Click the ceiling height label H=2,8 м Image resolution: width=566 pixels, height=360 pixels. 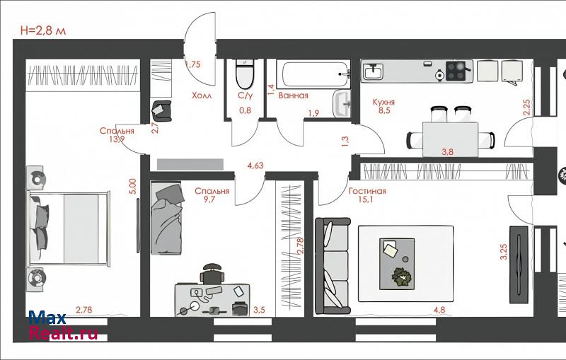tap(43, 30)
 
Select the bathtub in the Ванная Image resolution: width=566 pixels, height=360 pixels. tap(313, 75)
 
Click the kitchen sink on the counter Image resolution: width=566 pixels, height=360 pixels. tap(373, 71)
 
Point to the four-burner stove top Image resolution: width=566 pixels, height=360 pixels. tap(456, 71)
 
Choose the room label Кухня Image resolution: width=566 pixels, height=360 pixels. tap(383, 102)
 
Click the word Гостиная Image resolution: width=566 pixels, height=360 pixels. tap(367, 191)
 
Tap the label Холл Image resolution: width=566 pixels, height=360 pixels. tap(202, 95)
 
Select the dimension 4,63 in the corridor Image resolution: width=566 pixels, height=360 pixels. tap(255, 166)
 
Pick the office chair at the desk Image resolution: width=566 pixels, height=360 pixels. tap(212, 274)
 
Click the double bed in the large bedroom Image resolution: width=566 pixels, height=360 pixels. tap(69, 228)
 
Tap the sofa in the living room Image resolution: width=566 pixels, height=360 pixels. tap(333, 265)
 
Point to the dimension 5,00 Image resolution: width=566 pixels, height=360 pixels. tap(133, 187)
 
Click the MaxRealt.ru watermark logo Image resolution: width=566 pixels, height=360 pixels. tap(63, 325)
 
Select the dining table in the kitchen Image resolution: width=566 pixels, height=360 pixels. tap(451, 139)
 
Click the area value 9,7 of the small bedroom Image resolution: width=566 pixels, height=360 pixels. tap(209, 199)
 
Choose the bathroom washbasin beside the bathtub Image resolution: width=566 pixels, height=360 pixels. tap(342, 103)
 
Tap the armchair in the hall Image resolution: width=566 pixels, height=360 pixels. tap(161, 111)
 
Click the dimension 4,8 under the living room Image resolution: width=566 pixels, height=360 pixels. tap(439, 310)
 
